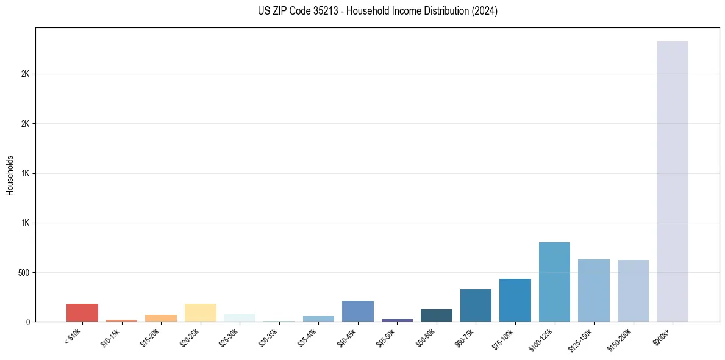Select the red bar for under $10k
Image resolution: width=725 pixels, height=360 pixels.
[82, 312]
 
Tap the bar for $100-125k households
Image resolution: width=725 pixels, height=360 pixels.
[554, 282]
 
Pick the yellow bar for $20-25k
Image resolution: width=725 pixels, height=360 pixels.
[200, 312]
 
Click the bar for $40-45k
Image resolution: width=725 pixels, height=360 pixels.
[357, 311]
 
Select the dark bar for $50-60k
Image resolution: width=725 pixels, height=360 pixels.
[436, 315]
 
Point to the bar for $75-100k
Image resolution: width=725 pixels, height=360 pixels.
[515, 300]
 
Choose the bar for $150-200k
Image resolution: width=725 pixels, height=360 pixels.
[633, 290]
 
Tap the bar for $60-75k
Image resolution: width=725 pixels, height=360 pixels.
[476, 305]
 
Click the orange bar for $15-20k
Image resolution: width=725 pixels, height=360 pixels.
[161, 318]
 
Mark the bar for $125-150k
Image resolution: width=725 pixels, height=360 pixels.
[593, 290]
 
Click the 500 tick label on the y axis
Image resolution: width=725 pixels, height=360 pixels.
[24, 272]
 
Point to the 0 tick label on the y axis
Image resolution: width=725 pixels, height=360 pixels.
[27, 322]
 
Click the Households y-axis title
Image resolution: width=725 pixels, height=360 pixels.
[10, 175]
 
